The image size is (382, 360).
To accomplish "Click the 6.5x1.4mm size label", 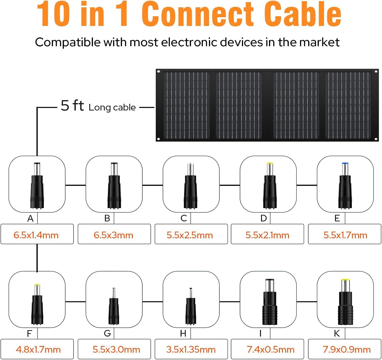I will [36, 235].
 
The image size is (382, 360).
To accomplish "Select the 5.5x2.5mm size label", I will [190, 235].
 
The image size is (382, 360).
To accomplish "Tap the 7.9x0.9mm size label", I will [346, 349].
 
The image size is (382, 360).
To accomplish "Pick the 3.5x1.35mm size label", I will [191, 349].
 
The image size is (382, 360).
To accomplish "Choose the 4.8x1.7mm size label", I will [38, 349].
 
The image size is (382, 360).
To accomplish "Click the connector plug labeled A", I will [37, 185].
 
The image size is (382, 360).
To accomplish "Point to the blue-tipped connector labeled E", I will [345, 185].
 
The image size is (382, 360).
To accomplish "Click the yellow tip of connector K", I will [345, 280].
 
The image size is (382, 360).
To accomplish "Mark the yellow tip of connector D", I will [270, 163].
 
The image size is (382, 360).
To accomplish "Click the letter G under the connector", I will [107, 333].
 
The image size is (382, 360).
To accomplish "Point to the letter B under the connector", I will [107, 218].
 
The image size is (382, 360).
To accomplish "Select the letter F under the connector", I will [29, 333].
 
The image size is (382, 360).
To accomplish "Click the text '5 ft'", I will [72, 105].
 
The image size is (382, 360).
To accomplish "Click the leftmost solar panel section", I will [187, 105].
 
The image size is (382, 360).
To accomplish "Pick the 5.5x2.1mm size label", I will [267, 235].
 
